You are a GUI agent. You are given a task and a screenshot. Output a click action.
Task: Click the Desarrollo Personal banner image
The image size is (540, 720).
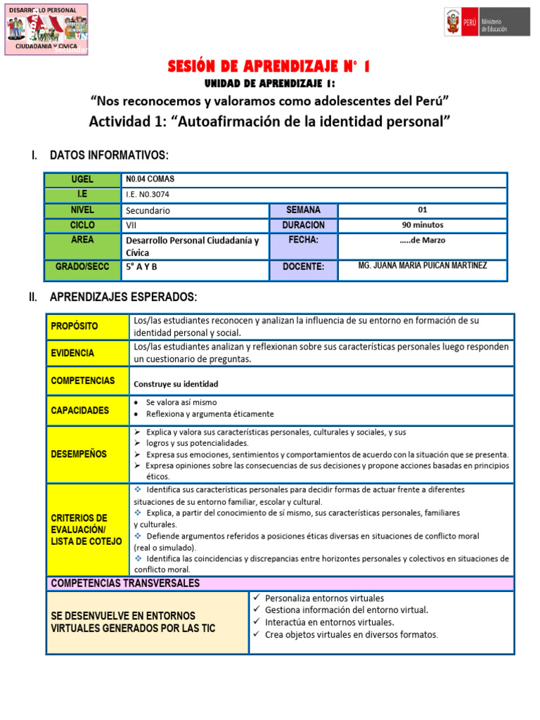point(46,29)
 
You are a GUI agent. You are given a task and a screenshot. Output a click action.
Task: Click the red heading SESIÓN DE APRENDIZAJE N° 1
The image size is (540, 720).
point(269,67)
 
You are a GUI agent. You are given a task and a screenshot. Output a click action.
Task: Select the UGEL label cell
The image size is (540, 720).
point(82,179)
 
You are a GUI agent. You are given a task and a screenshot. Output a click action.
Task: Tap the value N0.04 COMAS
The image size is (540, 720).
point(150,179)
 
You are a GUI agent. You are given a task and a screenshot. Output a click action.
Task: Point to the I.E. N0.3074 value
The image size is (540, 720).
point(148,195)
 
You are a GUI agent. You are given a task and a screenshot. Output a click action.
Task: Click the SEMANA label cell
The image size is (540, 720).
point(303,210)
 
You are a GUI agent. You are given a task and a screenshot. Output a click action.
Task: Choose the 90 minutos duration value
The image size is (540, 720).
point(422,225)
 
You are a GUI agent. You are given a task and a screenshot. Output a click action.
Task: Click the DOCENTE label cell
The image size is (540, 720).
point(303,267)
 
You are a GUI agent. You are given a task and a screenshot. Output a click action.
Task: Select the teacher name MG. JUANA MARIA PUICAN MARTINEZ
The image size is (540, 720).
point(422,266)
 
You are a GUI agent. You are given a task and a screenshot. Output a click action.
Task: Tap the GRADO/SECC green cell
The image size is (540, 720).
point(82,267)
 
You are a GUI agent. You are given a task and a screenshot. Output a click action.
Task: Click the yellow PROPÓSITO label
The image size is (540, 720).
point(74,326)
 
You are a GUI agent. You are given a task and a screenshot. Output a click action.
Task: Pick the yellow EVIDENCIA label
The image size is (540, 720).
point(72,353)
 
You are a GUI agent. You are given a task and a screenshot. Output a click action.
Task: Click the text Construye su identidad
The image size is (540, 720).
point(176,384)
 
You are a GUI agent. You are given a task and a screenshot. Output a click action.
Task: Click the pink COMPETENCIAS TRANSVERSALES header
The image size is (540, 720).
point(125,583)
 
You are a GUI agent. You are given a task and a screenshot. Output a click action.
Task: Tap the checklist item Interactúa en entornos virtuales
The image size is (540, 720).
point(329,622)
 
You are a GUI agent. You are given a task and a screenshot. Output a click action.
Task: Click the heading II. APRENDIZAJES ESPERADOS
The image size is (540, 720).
point(123,297)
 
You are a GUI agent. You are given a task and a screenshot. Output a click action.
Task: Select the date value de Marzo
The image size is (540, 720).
point(422,240)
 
